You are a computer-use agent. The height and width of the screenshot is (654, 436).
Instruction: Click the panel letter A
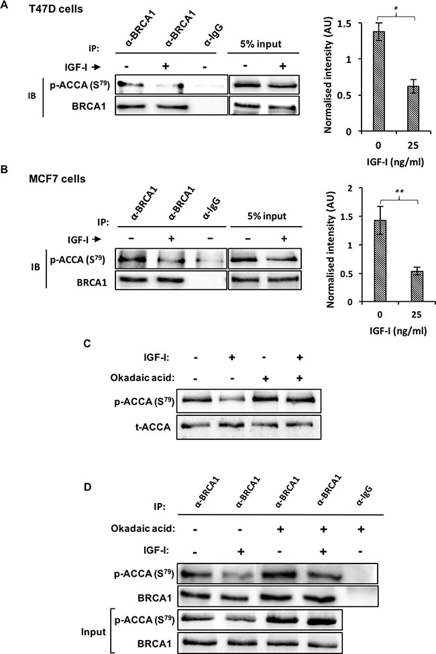tap(4, 5)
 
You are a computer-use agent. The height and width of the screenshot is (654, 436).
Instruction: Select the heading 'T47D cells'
tap(56, 9)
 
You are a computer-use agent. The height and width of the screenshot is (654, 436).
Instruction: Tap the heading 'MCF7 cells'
tap(57, 179)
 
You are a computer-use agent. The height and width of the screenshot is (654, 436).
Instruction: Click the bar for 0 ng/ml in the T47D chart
tap(378, 81)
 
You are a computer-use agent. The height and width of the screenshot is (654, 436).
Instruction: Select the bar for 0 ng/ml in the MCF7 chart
tap(380, 261)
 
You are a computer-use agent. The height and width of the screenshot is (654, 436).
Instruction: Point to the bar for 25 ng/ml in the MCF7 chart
tap(417, 286)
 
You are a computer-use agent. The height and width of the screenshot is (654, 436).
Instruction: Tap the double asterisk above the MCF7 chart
tap(399, 192)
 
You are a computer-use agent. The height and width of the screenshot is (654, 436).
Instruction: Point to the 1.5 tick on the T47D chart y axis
tap(357, 23)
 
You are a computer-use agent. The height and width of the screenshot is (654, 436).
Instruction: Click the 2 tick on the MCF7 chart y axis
tap(361, 188)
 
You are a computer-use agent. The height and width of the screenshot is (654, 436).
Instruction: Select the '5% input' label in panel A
tap(261, 44)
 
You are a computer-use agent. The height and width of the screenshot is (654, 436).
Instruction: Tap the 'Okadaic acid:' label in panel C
tap(142, 378)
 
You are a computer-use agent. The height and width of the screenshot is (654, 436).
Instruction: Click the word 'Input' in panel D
tap(93, 633)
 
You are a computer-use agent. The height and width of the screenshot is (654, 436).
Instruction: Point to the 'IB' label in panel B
tap(36, 266)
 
